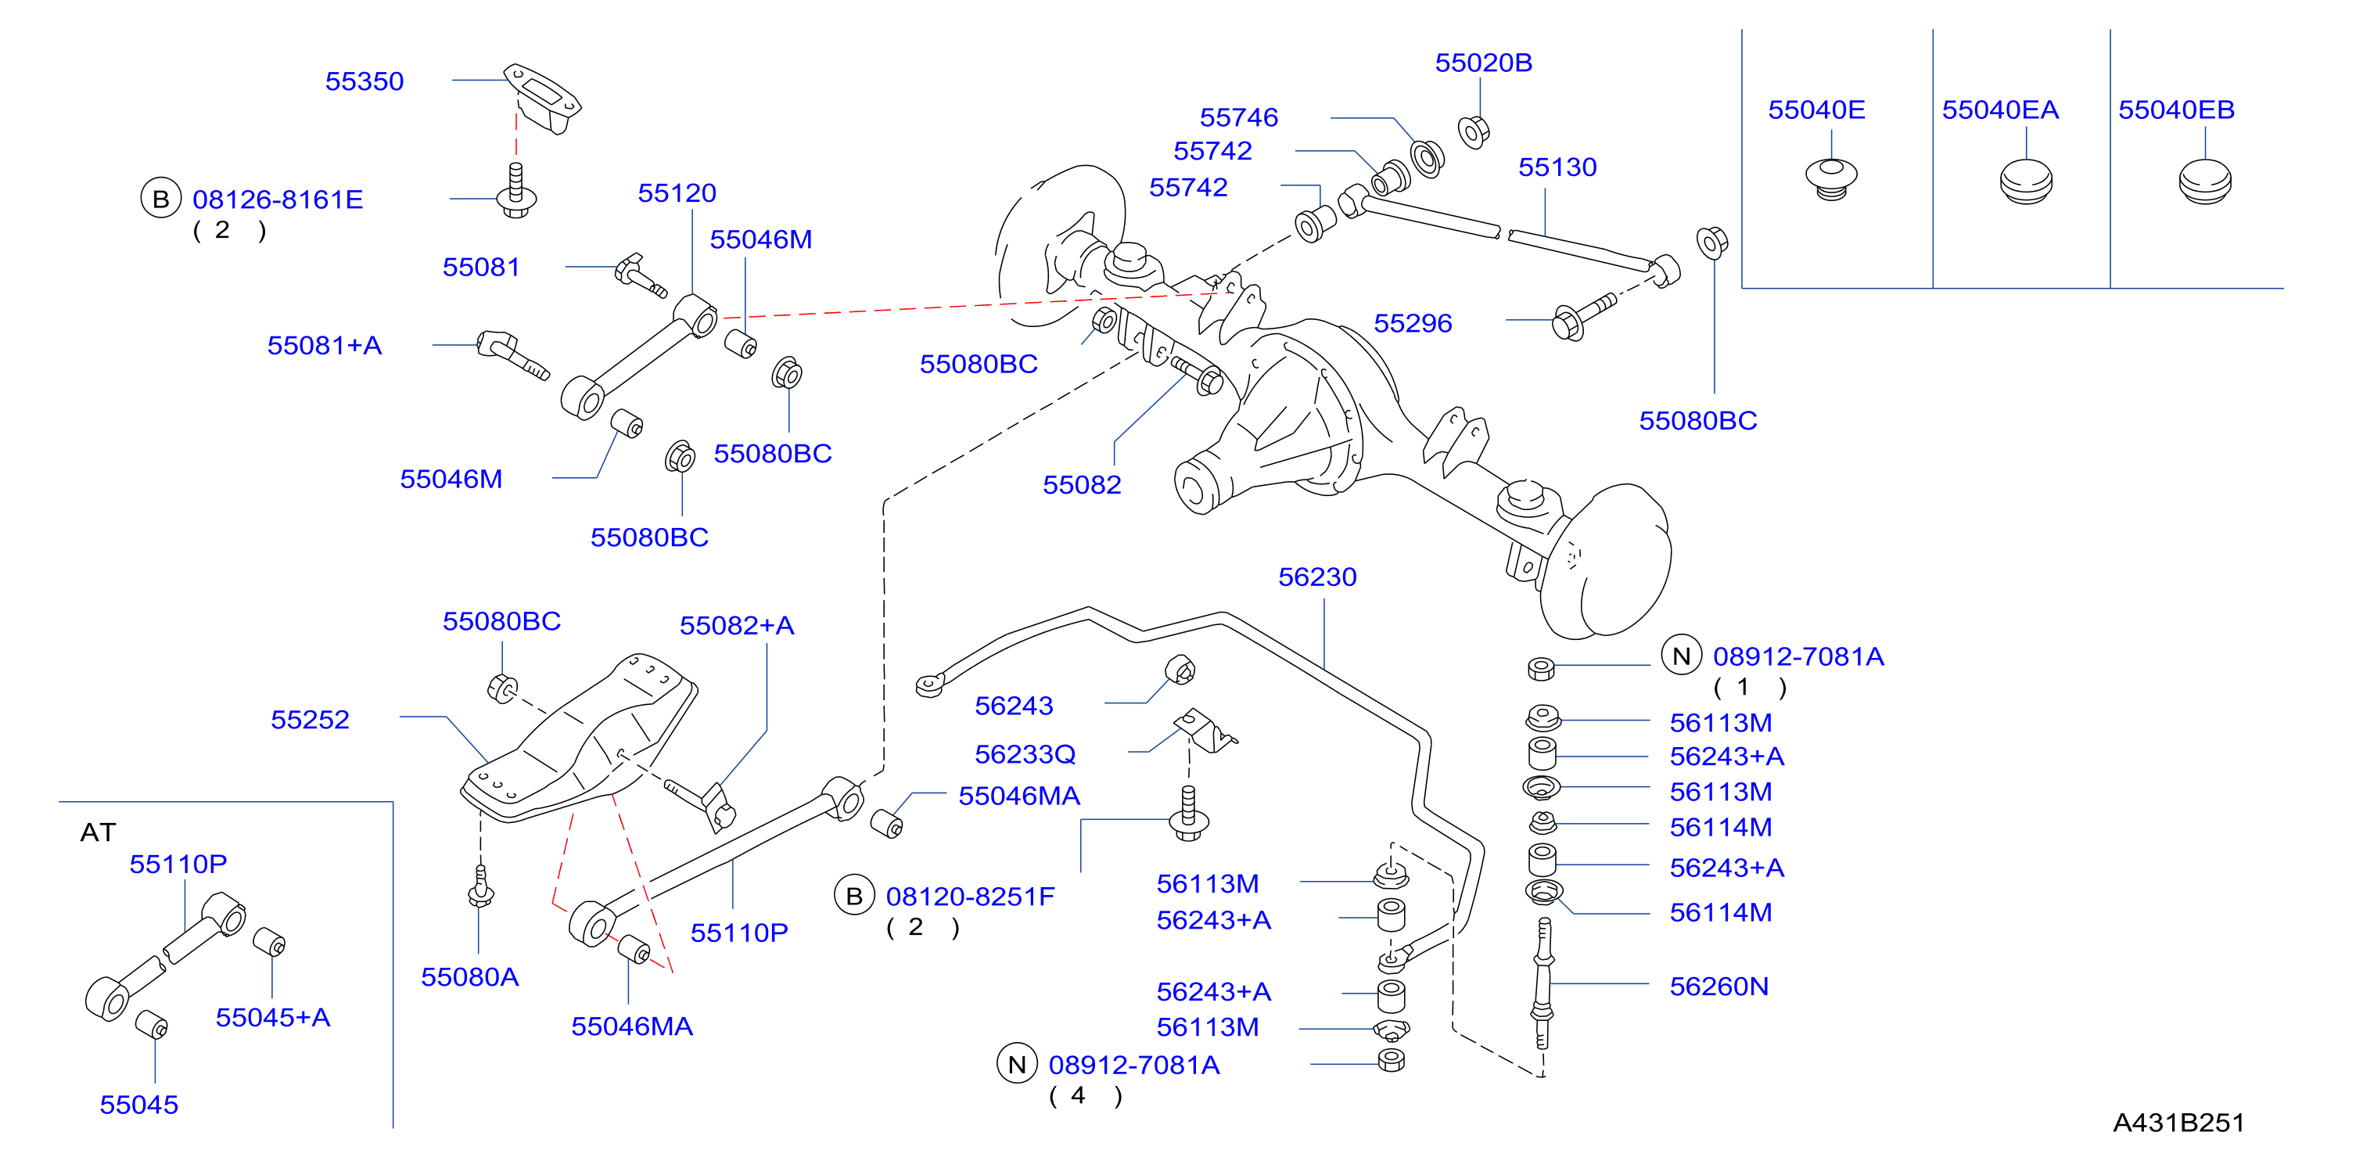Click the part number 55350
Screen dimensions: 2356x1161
(x=364, y=81)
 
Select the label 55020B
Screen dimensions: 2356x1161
(x=1484, y=63)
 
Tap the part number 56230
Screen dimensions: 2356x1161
(x=1317, y=577)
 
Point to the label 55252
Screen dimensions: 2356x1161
(x=310, y=720)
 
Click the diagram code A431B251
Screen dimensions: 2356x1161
(x=2178, y=1123)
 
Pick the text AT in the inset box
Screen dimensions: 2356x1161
(x=98, y=832)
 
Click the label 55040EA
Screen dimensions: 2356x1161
(x=2000, y=110)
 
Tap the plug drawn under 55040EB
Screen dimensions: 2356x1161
(x=2204, y=182)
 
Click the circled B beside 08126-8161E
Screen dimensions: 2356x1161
(x=161, y=199)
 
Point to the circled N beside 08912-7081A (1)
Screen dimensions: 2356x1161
(x=1681, y=656)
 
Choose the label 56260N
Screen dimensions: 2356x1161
(x=1719, y=987)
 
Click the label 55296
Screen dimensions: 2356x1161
(x=1413, y=323)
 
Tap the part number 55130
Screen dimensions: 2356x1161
(x=1557, y=167)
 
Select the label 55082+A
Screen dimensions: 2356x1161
(x=737, y=626)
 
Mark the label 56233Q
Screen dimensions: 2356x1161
(x=1025, y=755)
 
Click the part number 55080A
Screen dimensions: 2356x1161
(x=470, y=977)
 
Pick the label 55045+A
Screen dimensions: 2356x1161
(x=272, y=1017)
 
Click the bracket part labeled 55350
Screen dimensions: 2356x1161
(x=542, y=98)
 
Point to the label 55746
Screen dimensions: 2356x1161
(x=1239, y=118)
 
